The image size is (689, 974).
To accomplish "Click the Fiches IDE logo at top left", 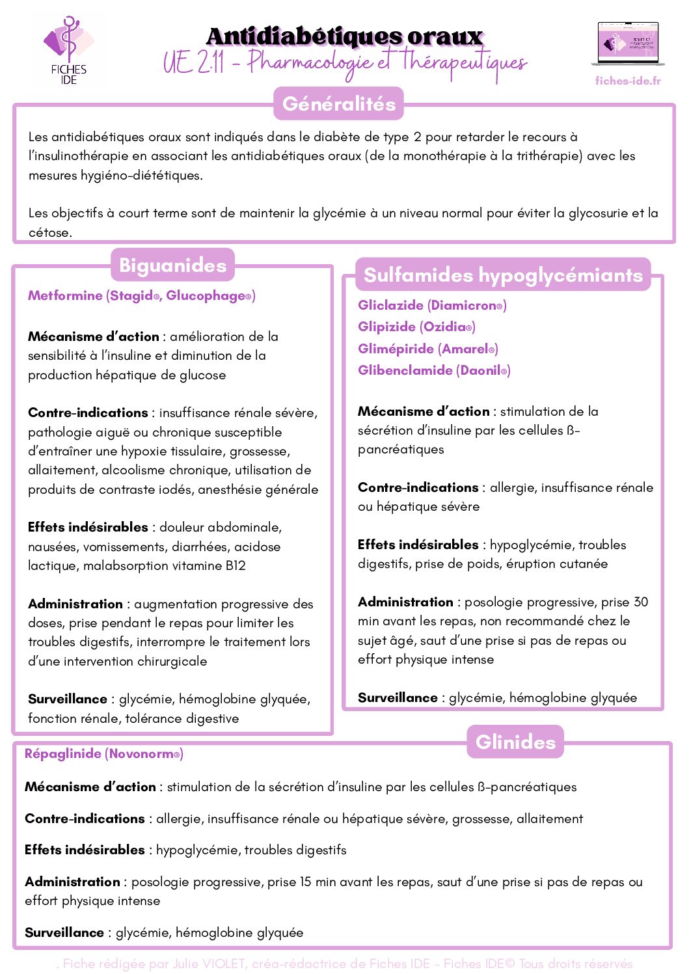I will coord(68,51).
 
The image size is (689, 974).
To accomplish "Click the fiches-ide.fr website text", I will coord(628,81).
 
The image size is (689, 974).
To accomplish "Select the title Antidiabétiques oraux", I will coord(344,36).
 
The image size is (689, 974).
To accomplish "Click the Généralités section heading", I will coord(339,104).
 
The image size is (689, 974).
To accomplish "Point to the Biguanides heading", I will coord(172,265).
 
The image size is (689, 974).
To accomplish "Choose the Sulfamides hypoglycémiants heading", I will coord(503,275).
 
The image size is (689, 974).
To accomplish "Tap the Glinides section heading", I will coord(515,742).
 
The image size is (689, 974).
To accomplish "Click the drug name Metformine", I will coord(65,296).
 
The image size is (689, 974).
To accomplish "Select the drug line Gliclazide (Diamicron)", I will coord(432,305).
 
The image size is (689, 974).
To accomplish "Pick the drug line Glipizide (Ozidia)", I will coord(416,327).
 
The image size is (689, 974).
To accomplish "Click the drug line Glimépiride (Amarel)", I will coord(427,349).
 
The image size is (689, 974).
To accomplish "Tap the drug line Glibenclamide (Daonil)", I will coord(434,370).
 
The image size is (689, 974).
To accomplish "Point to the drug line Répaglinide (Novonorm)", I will coord(104,753).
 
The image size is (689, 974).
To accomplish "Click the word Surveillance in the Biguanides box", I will coord(68,699).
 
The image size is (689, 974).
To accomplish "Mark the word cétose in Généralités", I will coord(49,232).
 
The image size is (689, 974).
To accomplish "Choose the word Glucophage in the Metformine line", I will coord(206,296).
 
